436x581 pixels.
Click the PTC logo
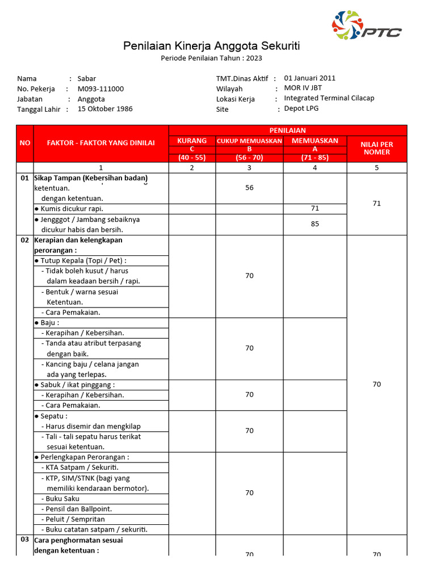(366, 26)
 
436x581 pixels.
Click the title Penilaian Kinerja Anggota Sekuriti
(212, 46)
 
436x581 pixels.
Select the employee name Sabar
(87, 78)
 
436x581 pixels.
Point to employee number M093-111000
(100, 89)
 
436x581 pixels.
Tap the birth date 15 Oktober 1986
(105, 108)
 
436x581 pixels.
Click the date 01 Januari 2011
(310, 78)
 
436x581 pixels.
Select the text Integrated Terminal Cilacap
(329, 98)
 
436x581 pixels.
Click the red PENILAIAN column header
(287, 130)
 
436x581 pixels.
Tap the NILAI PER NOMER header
(377, 149)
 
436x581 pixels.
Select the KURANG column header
(192, 141)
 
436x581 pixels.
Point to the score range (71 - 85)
(315, 158)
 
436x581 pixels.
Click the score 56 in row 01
(249, 188)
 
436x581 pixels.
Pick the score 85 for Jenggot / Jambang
(315, 224)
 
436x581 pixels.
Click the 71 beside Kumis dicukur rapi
(315, 209)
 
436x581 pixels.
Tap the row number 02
(24, 240)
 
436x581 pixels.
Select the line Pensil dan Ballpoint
(79, 509)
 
